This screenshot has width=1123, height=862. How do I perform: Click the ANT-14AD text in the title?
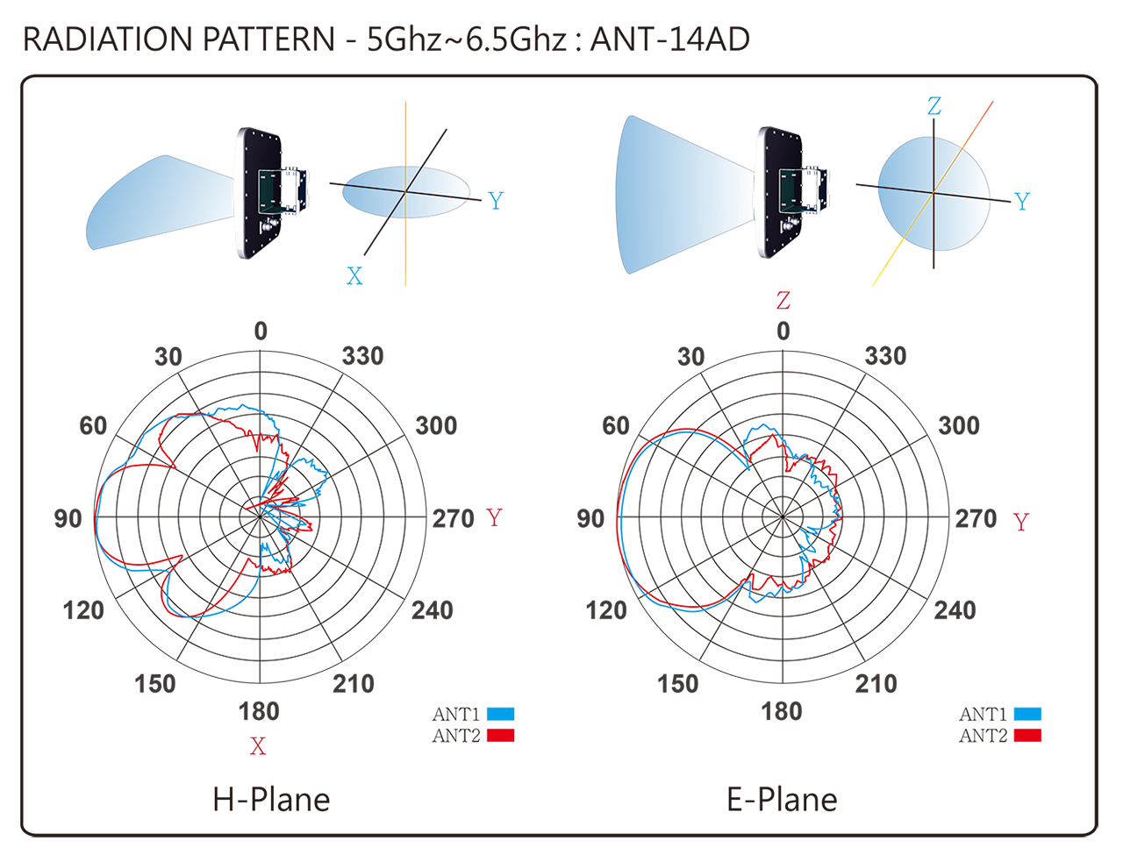coord(669,39)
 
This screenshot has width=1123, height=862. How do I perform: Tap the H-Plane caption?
coord(271,800)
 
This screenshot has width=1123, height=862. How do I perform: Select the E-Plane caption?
coord(782,800)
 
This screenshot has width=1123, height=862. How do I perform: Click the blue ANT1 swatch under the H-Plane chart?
coord(500,714)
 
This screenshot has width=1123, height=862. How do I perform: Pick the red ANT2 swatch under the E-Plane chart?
coord(1027,735)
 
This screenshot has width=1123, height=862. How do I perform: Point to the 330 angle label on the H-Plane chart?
coord(363,356)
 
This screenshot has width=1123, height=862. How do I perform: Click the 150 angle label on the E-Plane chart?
coord(677,684)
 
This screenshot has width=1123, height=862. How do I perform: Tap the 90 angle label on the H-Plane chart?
coord(68,518)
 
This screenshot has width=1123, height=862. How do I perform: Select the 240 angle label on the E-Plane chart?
coord(955,610)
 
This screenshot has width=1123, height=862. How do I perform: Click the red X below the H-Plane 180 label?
coord(258,745)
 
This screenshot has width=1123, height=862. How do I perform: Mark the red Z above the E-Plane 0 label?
coord(783,300)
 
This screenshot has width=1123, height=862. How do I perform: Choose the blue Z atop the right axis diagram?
coord(933,106)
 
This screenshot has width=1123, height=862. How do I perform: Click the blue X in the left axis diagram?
coord(354,276)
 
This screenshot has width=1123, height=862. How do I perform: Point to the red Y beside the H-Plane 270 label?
coord(495,517)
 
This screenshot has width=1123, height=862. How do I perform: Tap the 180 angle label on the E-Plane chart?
coord(782,711)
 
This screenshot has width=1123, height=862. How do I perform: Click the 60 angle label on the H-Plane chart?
coord(93,425)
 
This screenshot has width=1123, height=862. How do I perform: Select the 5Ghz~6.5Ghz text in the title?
coord(467,39)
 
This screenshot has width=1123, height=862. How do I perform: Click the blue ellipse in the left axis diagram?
coord(406,192)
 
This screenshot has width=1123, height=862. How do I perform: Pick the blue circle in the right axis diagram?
coord(933,194)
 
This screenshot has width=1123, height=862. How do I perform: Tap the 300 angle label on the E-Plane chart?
coord(959,425)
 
